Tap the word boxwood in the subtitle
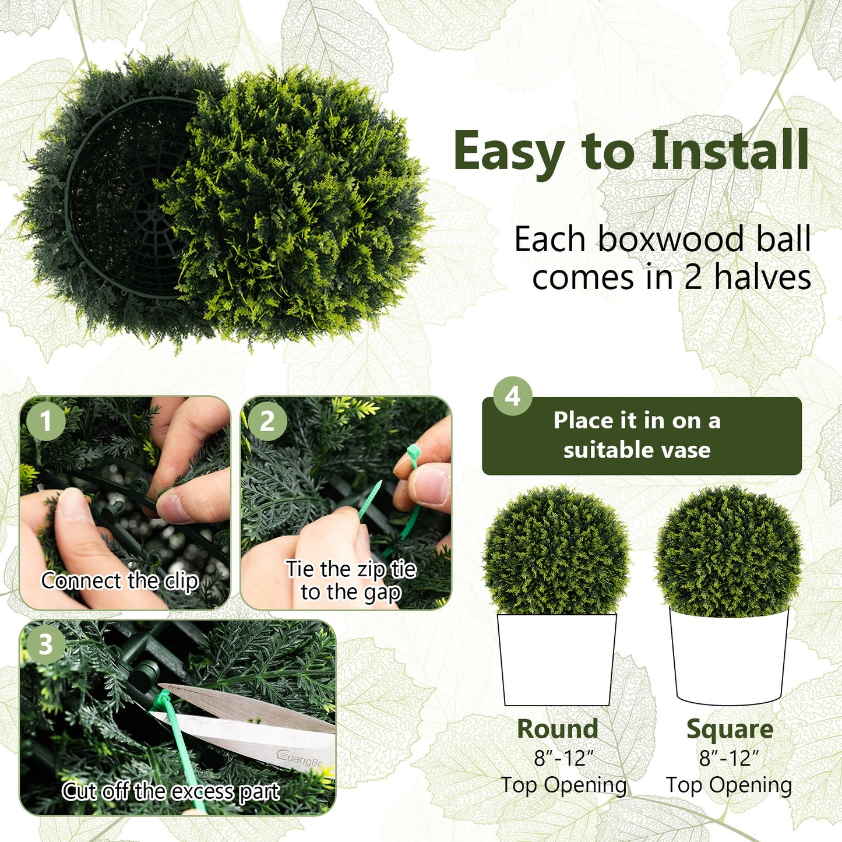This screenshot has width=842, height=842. point(671,239)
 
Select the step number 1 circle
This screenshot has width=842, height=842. point(46,421)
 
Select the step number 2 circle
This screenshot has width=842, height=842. point(267,421)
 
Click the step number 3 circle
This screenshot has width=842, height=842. point(45,644)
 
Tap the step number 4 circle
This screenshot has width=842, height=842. point(512,396)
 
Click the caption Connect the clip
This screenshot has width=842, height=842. point(119,581)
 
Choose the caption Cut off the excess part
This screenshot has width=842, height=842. point(171,791)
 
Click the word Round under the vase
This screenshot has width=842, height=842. point(558,729)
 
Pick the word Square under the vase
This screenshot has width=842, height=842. point(730,729)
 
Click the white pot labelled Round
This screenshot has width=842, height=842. point(556,658)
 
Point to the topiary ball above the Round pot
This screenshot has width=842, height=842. point(556,551)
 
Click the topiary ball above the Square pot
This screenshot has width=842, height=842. point(728,551)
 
